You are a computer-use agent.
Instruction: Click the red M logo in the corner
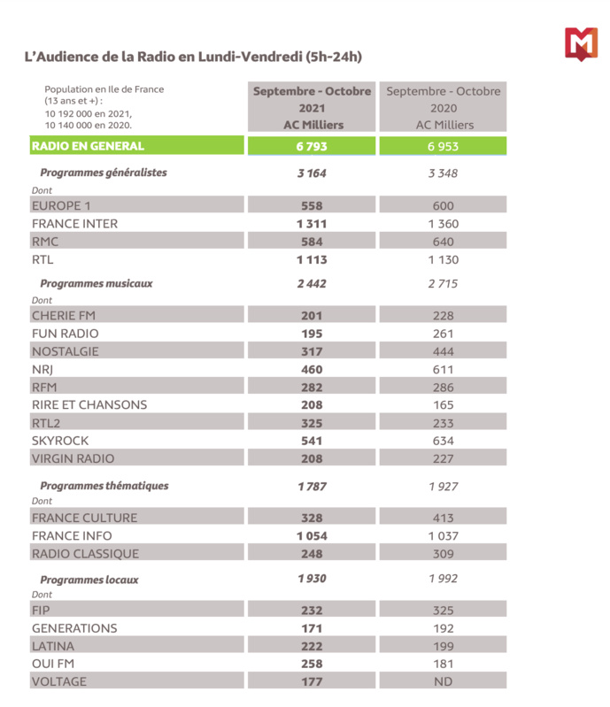(x=581, y=44)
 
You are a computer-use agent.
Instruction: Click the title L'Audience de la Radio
(x=192, y=57)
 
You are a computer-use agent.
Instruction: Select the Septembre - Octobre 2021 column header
(x=313, y=108)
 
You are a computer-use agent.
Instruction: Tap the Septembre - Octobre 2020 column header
(x=444, y=108)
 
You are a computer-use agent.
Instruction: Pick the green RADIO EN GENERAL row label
(x=88, y=146)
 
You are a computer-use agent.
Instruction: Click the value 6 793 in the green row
(x=312, y=146)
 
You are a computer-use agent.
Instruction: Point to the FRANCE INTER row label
(x=74, y=224)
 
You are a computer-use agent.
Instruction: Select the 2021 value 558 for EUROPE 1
(x=312, y=205)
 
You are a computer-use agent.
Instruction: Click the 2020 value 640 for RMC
(x=444, y=242)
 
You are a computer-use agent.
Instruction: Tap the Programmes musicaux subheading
(x=97, y=284)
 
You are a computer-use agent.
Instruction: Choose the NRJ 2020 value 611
(x=444, y=369)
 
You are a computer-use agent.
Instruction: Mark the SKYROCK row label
(x=60, y=441)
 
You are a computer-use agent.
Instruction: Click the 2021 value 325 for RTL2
(x=312, y=423)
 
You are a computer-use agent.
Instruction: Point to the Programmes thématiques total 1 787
(x=312, y=486)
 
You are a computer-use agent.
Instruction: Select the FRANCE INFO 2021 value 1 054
(x=312, y=536)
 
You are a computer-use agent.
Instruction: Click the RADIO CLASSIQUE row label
(x=85, y=554)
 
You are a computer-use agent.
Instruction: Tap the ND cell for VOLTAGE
(x=444, y=681)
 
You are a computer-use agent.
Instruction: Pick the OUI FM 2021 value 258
(x=312, y=664)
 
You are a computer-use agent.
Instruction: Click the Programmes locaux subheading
(x=89, y=580)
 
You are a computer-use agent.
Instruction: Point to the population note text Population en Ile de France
(x=104, y=89)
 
